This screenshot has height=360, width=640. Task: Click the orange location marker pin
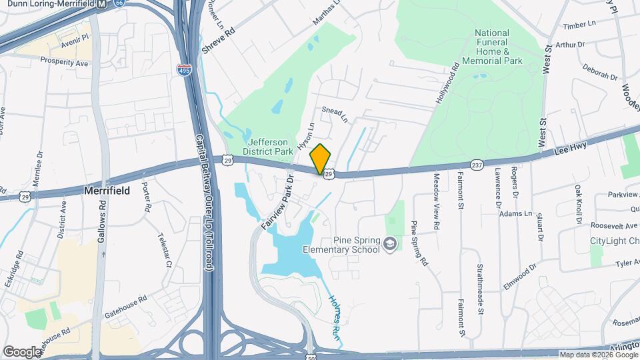pos(321,159)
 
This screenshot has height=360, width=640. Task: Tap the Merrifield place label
pos(106,191)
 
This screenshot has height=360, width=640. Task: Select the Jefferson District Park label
pos(269,147)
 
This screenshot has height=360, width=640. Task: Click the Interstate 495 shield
pos(183,69)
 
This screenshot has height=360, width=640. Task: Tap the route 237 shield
pos(477,163)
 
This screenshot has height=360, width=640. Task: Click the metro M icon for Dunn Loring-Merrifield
pos(101,4)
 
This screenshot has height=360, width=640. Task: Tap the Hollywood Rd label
pos(448,83)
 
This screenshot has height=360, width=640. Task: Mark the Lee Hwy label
pos(571,149)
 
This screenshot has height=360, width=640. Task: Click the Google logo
pos(22,351)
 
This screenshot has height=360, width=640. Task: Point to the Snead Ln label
pos(335,115)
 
